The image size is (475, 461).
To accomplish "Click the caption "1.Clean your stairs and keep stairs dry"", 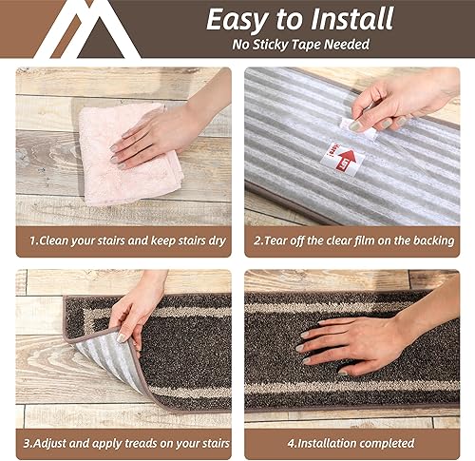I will point(123,240).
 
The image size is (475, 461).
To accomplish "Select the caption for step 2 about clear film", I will point(352,240).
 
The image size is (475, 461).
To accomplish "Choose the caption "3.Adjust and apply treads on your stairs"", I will point(123,442).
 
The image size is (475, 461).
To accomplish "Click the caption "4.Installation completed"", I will point(352,442).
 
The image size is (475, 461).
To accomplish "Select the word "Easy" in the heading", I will point(237,19).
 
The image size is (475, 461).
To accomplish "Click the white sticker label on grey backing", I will point(343,158).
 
